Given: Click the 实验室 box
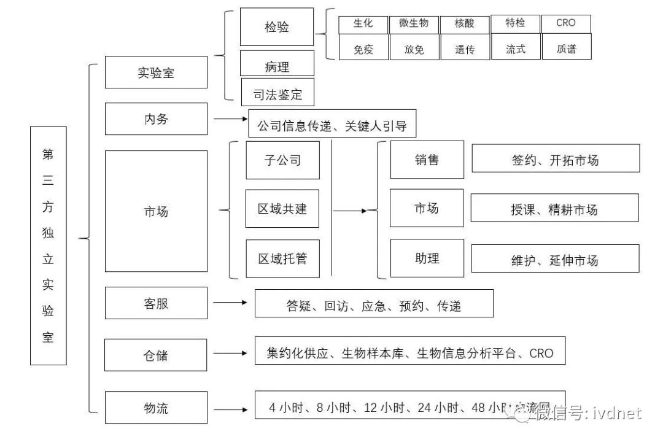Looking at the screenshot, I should (156, 72).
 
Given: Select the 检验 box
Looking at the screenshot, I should (277, 27).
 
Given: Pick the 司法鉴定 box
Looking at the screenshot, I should (277, 93).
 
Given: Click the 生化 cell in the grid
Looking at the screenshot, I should (363, 23).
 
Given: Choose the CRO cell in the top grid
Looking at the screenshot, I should (565, 23).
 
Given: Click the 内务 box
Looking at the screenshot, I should (156, 118).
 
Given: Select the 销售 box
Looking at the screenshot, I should (427, 160).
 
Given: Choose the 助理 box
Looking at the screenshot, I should (427, 258).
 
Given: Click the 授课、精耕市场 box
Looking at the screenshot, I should (554, 209).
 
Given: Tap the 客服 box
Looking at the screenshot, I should (156, 303).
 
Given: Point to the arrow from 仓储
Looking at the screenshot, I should (230, 353).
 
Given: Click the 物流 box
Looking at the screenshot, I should (156, 407).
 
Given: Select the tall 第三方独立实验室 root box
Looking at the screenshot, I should (48, 246).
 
